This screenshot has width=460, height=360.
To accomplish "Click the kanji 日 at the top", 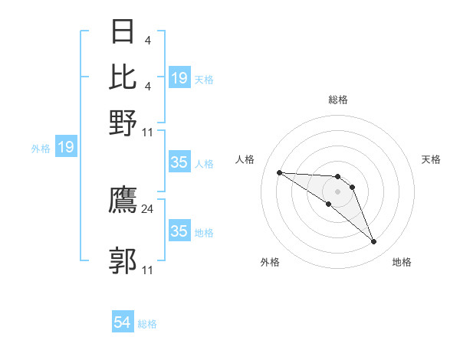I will point(123,32).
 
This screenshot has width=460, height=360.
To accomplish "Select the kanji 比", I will point(123,77).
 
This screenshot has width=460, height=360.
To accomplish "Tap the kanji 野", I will point(123,123).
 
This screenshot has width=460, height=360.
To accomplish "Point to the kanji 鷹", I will point(123,201).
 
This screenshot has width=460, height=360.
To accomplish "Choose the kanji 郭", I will point(123,260).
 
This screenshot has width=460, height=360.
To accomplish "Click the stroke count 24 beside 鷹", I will point(148,208).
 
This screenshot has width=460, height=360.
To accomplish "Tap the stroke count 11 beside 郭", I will point(148,270).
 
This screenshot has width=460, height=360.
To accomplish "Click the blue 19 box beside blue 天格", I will point(179,77).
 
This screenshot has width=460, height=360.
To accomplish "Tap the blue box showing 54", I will point(123,322).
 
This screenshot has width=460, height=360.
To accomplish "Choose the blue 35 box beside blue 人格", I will point(179,162).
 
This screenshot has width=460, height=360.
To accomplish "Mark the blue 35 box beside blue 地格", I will point(179,231).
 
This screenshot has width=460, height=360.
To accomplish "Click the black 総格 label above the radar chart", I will point(337,100).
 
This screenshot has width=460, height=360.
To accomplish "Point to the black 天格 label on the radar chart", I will point(431,159).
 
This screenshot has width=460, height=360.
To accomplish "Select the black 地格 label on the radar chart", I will point(402,262).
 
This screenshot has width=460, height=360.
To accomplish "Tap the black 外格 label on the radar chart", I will point(270,262).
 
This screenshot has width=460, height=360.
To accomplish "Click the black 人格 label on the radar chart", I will point(245,159).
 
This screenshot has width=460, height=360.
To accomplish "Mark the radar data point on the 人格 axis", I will point(279,172).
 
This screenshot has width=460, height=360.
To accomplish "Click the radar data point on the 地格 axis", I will point(374,242).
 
